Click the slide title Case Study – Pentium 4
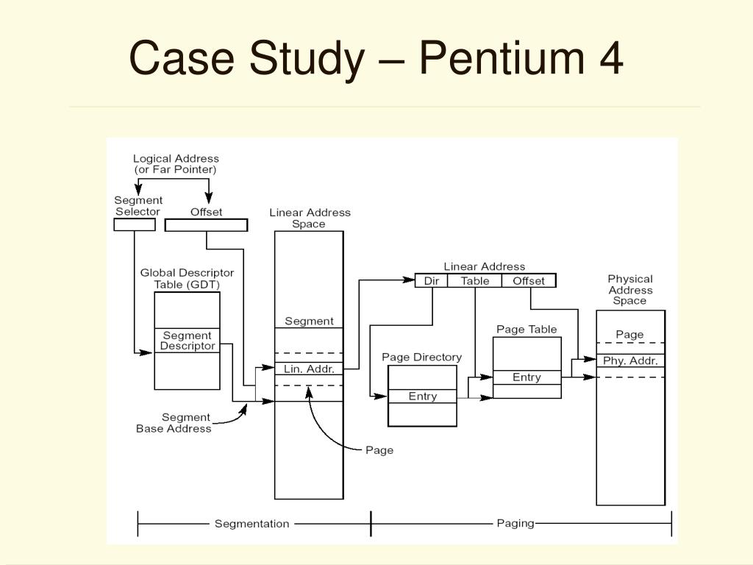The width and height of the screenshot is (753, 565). click(376, 58)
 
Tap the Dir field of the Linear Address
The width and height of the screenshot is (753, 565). click(431, 281)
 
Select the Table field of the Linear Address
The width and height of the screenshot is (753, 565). click(475, 281)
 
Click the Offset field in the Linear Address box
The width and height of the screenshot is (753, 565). click(529, 281)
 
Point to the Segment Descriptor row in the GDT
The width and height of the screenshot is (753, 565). click(188, 341)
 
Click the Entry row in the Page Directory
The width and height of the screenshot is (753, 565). click(423, 397)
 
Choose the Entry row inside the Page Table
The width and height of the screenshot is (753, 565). click(527, 377)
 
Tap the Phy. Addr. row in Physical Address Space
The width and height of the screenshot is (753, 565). click(629, 360)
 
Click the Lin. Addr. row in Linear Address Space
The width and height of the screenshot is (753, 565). click(310, 369)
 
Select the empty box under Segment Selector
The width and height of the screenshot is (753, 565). click(135, 224)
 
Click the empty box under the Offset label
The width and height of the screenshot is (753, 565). click(206, 225)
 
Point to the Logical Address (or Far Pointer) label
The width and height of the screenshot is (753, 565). click(176, 163)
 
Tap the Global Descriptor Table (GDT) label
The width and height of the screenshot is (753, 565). click(187, 278)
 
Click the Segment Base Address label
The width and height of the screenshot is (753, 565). click(174, 423)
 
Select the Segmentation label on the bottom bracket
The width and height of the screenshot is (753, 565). click(252, 524)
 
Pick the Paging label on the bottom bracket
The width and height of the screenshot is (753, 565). click(515, 523)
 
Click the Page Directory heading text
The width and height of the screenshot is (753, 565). click(421, 358)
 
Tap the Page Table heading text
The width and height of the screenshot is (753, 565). click(527, 329)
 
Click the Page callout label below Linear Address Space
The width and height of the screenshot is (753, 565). click(379, 450)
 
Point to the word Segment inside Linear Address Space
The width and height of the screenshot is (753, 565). click(309, 321)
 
